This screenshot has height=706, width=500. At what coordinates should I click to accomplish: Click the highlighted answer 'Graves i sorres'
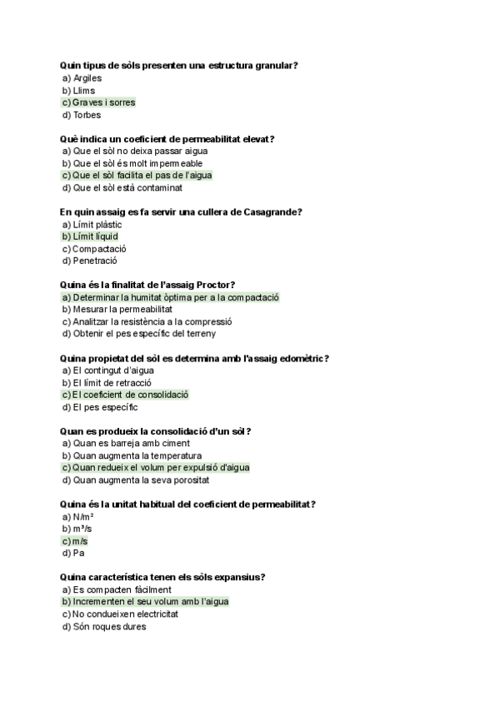(103, 102)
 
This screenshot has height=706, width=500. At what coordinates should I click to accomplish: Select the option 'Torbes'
(87, 115)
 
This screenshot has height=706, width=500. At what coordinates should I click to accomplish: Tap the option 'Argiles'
(87, 78)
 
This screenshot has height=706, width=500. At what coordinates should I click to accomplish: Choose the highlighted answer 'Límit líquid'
(96, 236)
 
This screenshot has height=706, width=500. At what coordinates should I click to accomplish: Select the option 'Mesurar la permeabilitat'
(122, 309)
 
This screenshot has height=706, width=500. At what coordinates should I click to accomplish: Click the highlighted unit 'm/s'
(80, 541)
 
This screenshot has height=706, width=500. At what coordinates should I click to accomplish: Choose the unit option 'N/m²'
(83, 516)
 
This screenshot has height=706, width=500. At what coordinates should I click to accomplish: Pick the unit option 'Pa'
(78, 553)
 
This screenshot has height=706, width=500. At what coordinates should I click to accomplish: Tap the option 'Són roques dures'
(109, 626)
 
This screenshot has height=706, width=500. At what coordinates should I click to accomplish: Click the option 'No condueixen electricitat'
(126, 614)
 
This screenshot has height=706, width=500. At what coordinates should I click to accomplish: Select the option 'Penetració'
(95, 261)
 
